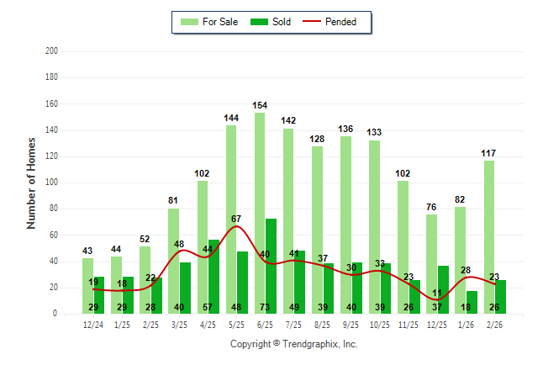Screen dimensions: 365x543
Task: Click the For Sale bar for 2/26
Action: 489,236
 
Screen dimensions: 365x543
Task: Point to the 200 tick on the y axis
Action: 52,51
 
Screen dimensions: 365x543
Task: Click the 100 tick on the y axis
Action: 52,182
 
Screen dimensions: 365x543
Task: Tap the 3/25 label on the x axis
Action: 179,324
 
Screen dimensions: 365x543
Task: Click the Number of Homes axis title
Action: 32,182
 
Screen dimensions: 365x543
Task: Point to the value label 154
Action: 260,105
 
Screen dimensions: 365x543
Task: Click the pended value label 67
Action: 237,219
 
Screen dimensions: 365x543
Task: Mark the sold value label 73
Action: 271,307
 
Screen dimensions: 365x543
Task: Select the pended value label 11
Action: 437,294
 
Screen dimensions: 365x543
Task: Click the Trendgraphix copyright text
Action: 293,344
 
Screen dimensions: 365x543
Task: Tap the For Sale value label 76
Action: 431,208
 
